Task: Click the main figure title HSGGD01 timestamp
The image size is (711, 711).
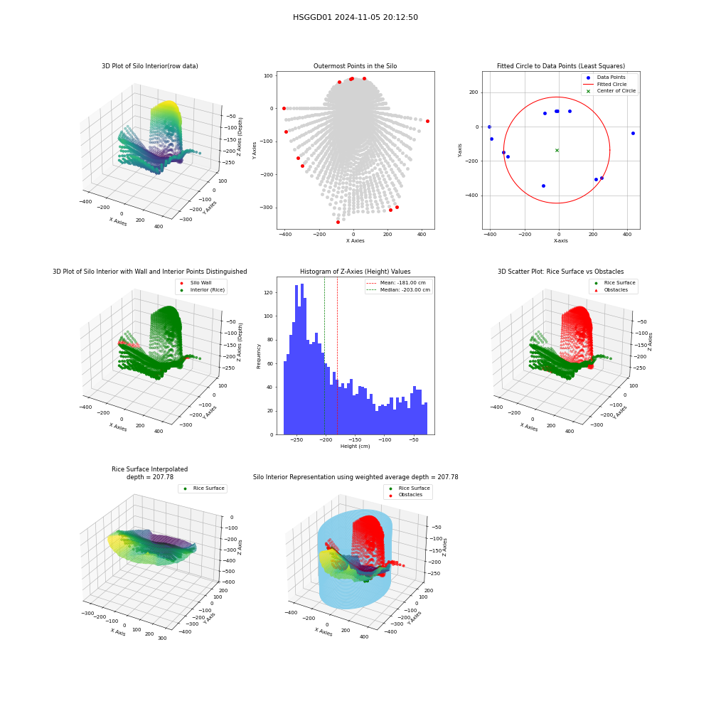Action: tap(355, 17)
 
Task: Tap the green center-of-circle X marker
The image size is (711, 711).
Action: tap(557, 150)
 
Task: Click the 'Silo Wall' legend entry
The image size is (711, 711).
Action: tap(196, 282)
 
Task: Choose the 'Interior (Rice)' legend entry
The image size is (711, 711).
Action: tap(202, 290)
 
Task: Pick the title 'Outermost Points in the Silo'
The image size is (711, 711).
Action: tap(355, 65)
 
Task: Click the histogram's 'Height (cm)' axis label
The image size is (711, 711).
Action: tap(355, 447)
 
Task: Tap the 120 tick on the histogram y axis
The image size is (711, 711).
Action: tap(269, 292)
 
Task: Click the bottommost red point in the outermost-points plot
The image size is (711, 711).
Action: tap(338, 222)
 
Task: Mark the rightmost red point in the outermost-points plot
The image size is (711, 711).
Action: tap(427, 121)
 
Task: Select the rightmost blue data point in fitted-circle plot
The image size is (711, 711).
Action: tap(633, 134)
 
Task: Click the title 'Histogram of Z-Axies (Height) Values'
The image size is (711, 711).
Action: tap(355, 271)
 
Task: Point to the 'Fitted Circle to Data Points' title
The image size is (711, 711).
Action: tap(561, 65)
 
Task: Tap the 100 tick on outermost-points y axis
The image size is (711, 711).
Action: tap(269, 76)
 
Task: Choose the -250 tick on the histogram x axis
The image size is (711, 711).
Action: tap(296, 440)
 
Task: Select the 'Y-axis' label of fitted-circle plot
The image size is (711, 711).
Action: tap(459, 151)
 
